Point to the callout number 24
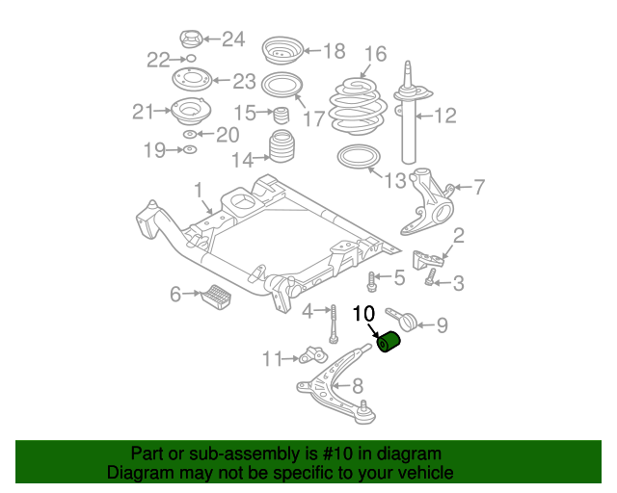click(233, 39)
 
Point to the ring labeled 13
click(356, 159)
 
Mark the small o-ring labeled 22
click(191, 60)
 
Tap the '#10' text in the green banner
click(334, 454)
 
